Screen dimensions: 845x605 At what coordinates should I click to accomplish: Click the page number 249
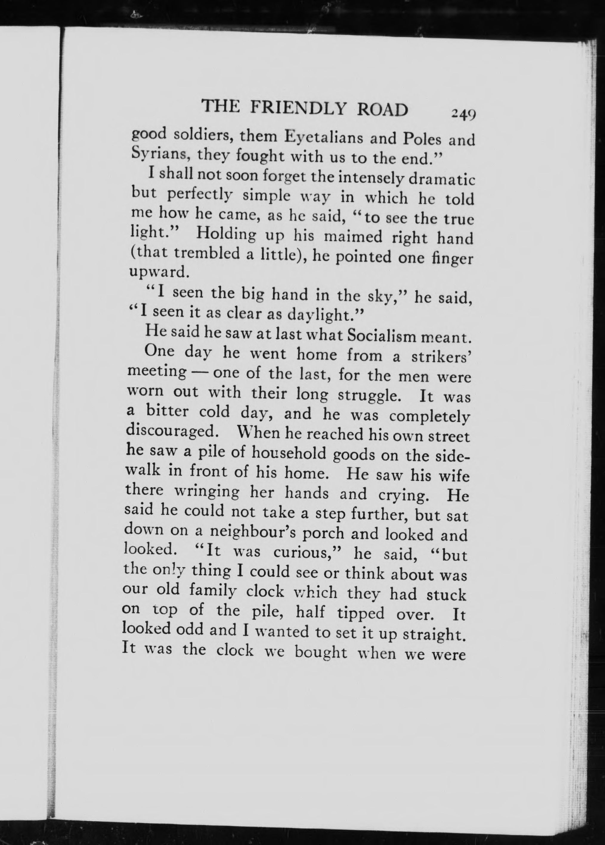coord(463,114)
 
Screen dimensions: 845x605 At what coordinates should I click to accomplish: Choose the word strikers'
coord(442,357)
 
